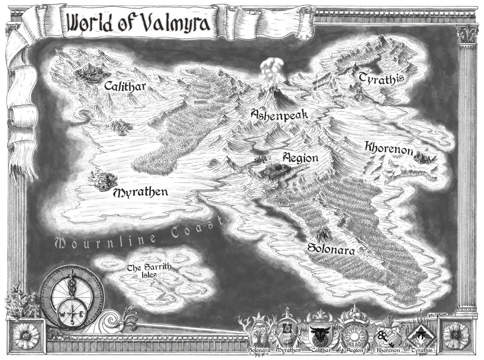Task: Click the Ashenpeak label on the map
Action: (279, 115)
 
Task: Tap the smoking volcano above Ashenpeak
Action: (275, 94)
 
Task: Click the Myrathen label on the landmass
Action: (140, 192)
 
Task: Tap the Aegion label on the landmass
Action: (300, 157)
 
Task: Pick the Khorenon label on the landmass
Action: (389, 148)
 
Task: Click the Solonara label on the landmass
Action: (331, 249)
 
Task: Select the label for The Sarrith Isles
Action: (142, 271)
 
